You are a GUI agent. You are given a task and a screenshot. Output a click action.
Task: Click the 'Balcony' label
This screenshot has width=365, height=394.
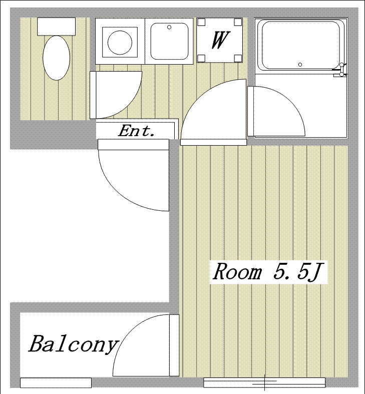pos(74,345)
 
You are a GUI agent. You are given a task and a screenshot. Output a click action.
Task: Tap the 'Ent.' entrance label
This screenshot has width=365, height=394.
pos(136,131)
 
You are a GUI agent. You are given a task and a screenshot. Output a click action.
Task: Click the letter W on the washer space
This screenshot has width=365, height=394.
pos(220,40)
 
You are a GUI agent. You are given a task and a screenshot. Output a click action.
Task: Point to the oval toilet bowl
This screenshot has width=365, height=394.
pos(56,58)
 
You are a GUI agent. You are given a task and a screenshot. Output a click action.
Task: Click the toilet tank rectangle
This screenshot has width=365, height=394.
pos(56,27)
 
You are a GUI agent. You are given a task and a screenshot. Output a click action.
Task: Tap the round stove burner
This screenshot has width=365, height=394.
pos(120,43)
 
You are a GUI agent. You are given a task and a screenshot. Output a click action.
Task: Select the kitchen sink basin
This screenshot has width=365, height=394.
pos(169,41)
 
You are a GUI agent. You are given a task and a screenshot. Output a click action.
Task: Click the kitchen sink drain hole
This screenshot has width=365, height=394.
pos(169,27)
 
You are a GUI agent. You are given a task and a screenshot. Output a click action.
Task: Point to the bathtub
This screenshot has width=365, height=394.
pos(300,46)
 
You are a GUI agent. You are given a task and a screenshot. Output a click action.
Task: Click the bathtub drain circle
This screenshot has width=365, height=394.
pos(300,65)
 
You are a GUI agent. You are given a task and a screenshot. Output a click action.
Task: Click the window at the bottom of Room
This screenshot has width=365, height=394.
pos(264,382)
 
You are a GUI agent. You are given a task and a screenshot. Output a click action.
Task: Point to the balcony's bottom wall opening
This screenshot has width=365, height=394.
pos(56,382)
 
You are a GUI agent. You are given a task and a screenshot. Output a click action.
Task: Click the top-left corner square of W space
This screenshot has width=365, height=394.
pos(201,22)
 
